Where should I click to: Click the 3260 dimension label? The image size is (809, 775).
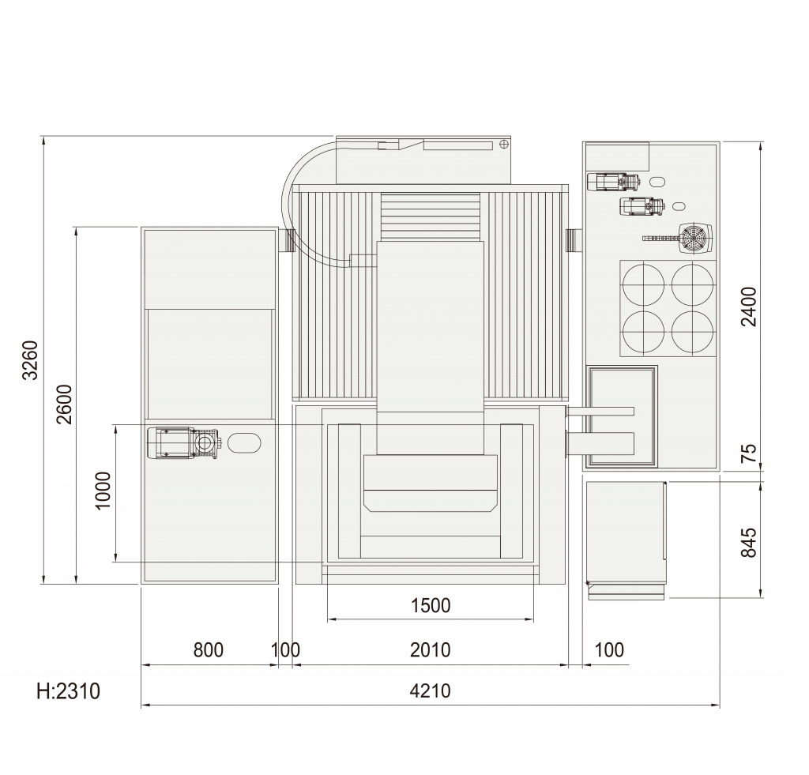[31, 360]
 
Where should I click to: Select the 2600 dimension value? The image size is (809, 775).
[64, 404]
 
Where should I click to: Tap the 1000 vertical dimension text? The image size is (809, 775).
[103, 490]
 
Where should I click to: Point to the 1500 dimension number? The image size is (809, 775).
[431, 605]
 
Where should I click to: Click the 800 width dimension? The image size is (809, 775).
[209, 650]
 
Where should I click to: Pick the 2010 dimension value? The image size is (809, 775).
[431, 650]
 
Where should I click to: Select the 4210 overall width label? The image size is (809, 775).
[431, 690]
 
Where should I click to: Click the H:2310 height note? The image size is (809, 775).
[68, 691]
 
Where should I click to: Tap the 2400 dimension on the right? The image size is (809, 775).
[749, 307]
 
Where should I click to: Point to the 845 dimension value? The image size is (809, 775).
[749, 542]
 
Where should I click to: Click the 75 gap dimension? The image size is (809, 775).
[749, 453]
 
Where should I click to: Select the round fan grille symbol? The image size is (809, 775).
[695, 239]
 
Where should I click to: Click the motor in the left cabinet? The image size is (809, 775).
[184, 442]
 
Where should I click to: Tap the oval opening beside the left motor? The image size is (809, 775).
[244, 442]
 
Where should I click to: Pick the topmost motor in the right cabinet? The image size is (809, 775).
[613, 182]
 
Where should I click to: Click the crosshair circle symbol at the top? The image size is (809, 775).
[504, 145]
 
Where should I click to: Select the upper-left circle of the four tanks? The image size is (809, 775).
[643, 284]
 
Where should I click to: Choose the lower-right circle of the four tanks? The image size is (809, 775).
[692, 332]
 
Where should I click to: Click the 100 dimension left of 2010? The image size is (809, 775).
[285, 650]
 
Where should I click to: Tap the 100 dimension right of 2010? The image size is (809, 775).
[609, 650]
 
